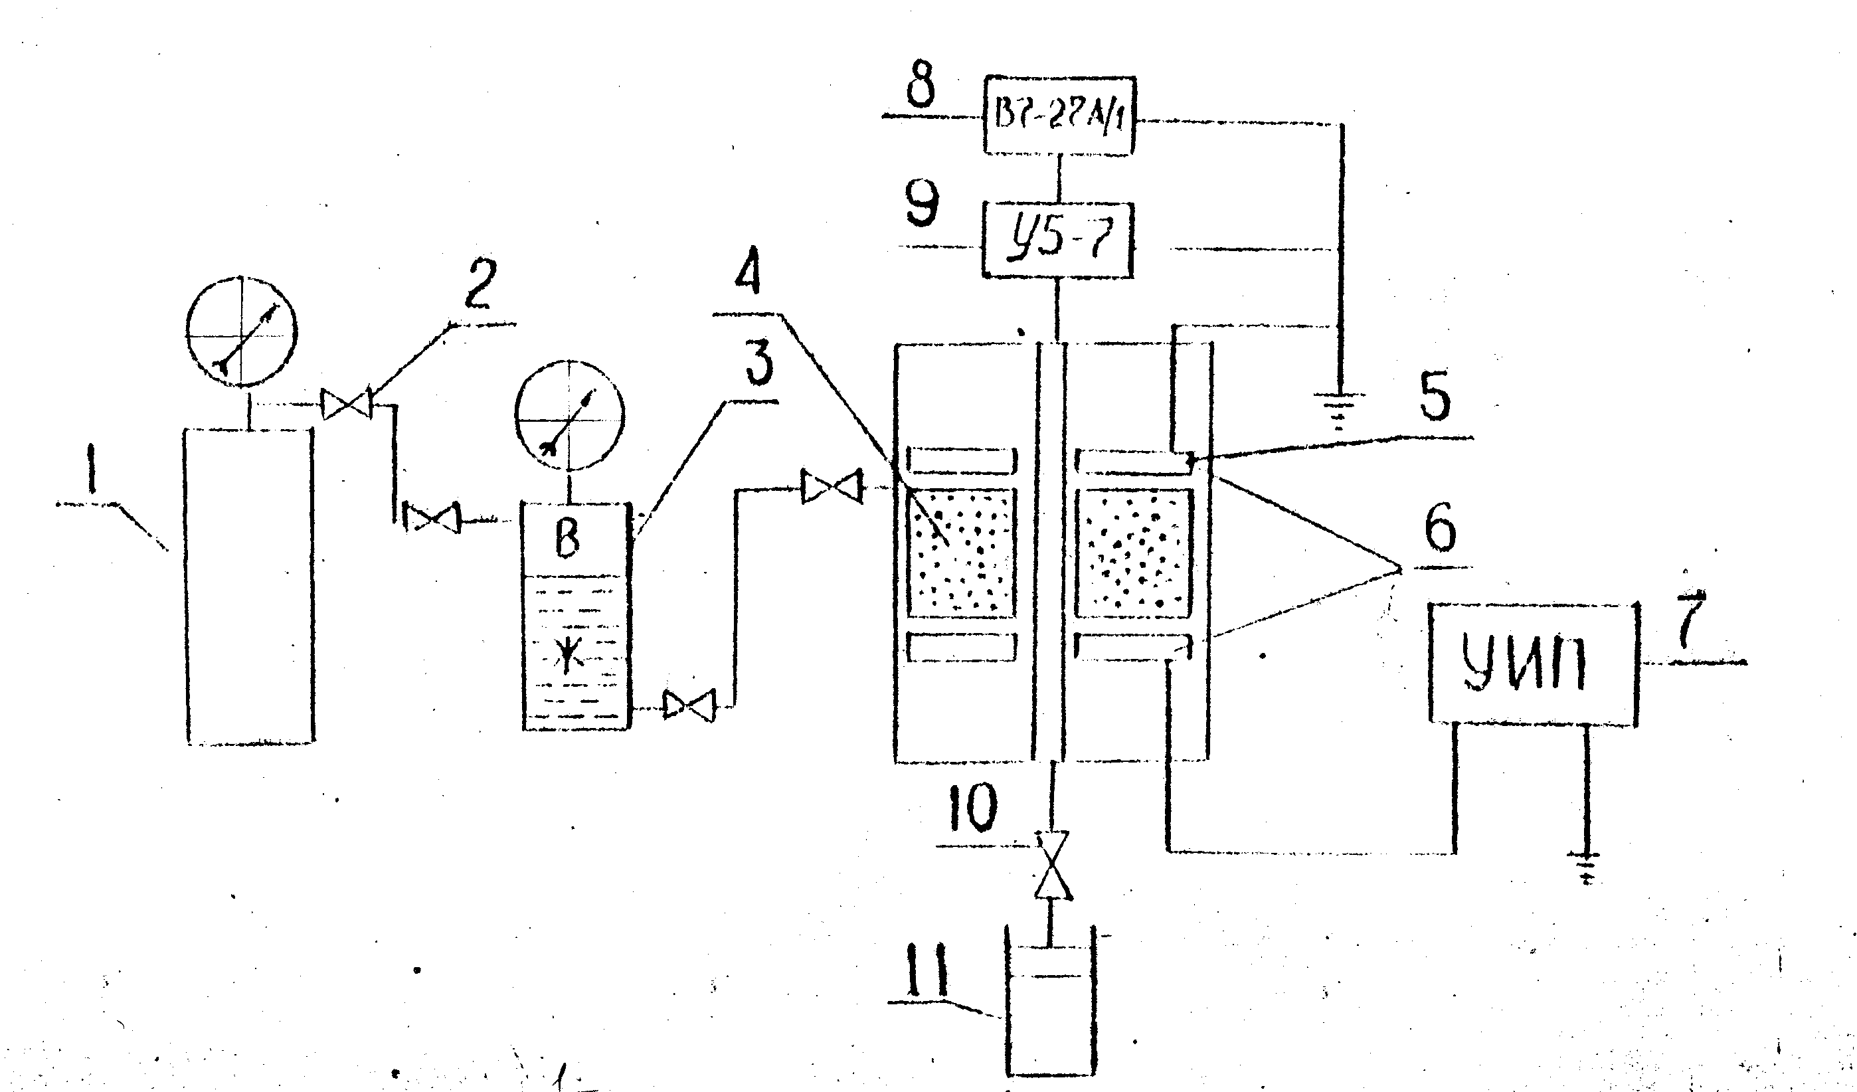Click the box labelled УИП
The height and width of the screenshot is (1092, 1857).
click(1534, 663)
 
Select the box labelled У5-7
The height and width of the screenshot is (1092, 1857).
click(1058, 240)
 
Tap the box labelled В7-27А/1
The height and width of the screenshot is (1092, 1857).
click(1058, 116)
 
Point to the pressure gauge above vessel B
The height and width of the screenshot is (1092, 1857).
click(570, 416)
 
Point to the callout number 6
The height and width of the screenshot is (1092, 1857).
click(1439, 527)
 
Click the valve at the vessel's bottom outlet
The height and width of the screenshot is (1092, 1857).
click(688, 706)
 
